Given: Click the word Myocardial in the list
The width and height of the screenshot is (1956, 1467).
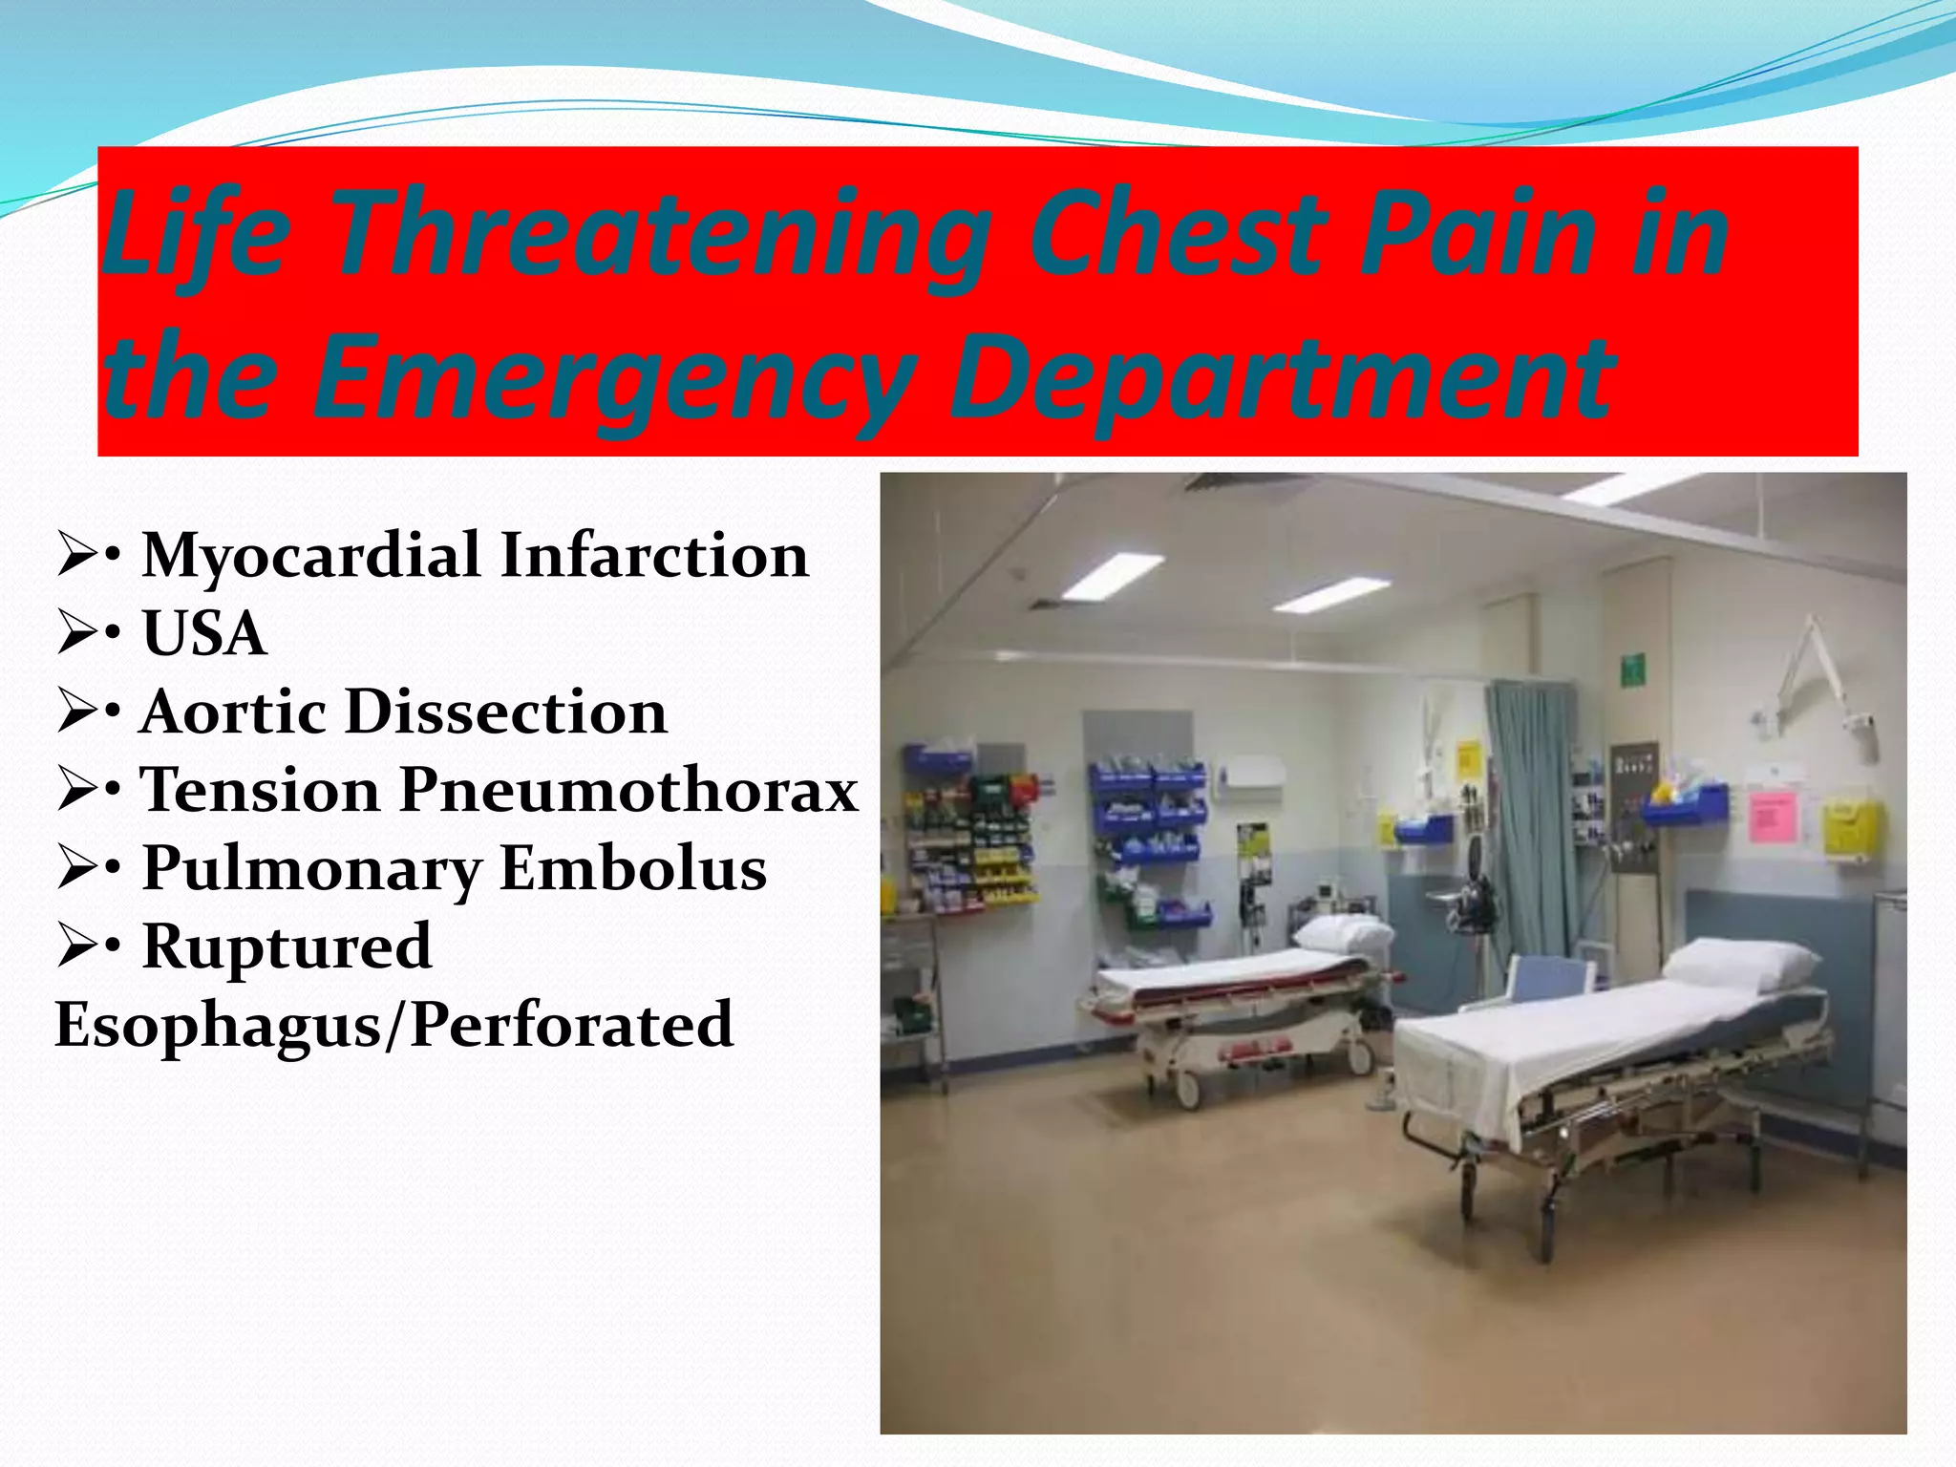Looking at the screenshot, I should (x=309, y=555).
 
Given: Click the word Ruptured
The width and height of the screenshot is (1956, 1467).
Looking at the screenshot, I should (x=287, y=946).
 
